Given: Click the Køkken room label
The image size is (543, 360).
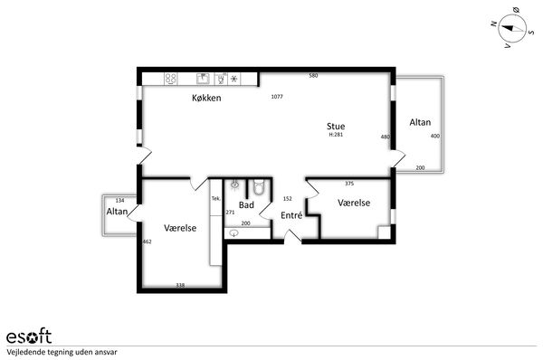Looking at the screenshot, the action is (206, 98).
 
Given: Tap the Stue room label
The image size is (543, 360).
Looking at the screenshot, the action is (336, 126).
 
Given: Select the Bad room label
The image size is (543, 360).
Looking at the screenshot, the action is (246, 205).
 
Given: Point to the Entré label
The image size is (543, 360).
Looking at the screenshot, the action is (291, 215).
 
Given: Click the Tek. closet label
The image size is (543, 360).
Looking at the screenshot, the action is (216, 199).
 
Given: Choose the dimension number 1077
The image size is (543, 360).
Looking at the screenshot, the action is (277, 97).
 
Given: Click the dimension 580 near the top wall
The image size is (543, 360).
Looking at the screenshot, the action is (313, 75).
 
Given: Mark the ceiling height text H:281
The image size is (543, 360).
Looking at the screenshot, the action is (336, 134).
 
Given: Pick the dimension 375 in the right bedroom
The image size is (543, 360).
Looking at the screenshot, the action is (349, 184).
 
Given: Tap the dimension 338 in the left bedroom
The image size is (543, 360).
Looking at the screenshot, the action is (180, 285).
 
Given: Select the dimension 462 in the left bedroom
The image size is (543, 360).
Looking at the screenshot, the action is (148, 242).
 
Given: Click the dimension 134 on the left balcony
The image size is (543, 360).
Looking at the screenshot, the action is (119, 201).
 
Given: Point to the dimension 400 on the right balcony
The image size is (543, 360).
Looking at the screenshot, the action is (435, 136).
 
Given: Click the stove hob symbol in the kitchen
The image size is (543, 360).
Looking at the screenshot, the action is (171, 79).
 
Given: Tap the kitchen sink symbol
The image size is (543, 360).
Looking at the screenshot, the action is (204, 79).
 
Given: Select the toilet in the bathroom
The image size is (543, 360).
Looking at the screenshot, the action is (259, 186).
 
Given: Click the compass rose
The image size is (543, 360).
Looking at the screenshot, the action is (512, 28).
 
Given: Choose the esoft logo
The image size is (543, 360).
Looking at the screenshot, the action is (29, 336).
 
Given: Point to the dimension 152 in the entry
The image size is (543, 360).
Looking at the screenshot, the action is (288, 199).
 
